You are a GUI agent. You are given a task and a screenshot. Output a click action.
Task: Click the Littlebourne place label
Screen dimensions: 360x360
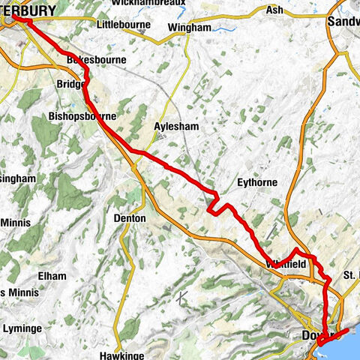click(x=124, y=25)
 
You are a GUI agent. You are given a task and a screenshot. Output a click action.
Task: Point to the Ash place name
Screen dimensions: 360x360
click(x=277, y=10)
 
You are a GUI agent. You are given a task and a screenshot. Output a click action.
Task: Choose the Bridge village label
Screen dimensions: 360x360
click(x=70, y=85)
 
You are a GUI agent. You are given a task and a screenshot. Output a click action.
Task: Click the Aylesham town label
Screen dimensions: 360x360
click(x=177, y=127)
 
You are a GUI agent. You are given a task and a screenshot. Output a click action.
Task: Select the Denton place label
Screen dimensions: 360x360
click(x=129, y=217)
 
